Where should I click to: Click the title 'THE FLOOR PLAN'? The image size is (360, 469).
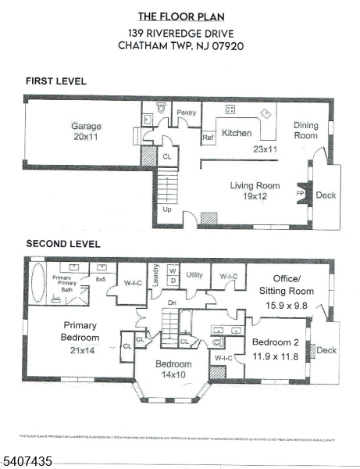click(x=180, y=16)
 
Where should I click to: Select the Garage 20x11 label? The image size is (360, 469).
click(x=87, y=131)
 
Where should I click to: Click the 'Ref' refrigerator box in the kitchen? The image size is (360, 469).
click(x=209, y=138)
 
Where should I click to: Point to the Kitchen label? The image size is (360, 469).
click(x=237, y=134)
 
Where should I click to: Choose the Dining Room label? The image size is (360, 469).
click(x=305, y=130)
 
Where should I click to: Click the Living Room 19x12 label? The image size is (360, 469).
click(x=255, y=191)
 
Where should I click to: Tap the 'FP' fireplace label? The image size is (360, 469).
click(x=299, y=192)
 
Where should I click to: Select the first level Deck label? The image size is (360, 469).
click(x=326, y=195)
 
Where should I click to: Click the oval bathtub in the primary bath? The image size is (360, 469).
click(x=39, y=282)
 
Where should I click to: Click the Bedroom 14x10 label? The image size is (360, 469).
click(x=173, y=370)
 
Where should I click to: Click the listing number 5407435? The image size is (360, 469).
click(x=28, y=461)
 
